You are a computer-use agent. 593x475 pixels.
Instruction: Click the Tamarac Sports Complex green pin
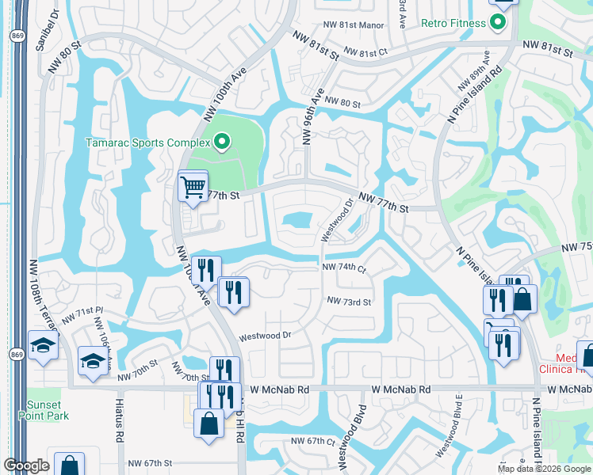222,142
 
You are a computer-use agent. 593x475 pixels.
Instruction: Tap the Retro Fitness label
453,23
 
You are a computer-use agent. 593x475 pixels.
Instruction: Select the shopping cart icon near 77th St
193,188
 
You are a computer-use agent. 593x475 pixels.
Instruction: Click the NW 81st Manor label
354,25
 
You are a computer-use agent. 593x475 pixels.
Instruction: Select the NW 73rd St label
350,302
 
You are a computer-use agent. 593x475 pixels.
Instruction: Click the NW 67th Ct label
313,441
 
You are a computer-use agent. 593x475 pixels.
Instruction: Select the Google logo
26,465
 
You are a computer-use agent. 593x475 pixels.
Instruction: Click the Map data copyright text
544,469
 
